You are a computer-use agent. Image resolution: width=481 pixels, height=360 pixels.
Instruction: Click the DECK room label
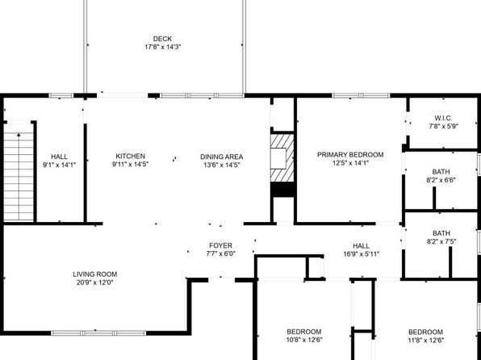click(x=162, y=39)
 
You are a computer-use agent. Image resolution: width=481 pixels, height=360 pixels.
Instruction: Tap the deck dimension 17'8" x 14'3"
click(x=162, y=47)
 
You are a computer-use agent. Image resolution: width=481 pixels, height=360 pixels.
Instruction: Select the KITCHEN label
click(x=131, y=157)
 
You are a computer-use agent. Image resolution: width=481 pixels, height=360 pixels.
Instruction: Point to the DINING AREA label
click(x=221, y=157)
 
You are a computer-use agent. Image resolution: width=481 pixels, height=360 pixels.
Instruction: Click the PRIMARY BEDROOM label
click(x=350, y=155)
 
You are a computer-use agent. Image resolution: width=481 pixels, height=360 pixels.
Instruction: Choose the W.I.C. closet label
click(x=443, y=118)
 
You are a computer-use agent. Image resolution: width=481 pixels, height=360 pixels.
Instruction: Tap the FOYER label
click(x=221, y=245)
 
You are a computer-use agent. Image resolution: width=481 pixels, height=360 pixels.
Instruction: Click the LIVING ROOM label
click(x=95, y=274)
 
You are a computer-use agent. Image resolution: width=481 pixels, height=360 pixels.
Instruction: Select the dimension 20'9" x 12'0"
click(x=95, y=283)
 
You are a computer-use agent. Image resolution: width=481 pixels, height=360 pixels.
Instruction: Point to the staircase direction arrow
click(x=19, y=177)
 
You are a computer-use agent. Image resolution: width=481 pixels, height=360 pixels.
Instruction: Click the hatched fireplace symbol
click(x=282, y=158)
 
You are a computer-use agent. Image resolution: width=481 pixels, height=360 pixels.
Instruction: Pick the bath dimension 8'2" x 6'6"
click(x=441, y=180)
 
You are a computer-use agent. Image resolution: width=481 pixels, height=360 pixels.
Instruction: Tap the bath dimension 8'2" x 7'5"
click(x=441, y=241)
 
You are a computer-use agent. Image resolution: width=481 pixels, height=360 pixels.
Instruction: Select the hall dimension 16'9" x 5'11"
click(x=362, y=253)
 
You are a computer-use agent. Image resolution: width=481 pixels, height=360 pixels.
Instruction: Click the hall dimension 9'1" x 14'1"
click(x=59, y=165)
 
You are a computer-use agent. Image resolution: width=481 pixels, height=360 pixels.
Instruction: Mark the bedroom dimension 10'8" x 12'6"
click(x=304, y=340)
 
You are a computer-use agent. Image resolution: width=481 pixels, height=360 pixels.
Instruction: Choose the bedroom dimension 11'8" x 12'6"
click(x=426, y=340)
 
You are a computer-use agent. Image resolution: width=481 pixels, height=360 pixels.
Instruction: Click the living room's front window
click(x=98, y=333)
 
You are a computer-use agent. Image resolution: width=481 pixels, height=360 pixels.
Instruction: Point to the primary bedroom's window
click(x=361, y=95)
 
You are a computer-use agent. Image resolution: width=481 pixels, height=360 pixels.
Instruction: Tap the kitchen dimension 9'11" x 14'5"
click(x=131, y=165)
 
